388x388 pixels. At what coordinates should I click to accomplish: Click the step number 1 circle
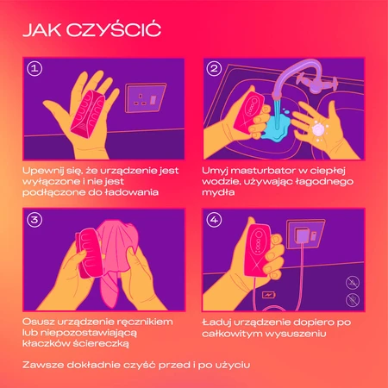pos(34,68)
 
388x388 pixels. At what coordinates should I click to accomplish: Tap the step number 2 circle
pos(214,68)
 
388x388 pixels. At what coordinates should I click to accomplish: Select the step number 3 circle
pos(34,220)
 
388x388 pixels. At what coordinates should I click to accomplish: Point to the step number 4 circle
pos(214,220)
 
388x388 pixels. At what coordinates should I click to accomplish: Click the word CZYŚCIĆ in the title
pos(114,28)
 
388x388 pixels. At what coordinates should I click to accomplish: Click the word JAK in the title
pos(42,30)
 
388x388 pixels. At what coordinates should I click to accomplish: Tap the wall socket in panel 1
pos(146,98)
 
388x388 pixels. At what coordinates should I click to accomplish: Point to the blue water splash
pos(277,126)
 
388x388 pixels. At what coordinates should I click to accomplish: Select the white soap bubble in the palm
pos(318,130)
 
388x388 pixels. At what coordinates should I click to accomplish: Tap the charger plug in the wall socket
pos(302,235)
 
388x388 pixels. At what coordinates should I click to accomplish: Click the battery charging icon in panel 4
pos(269,295)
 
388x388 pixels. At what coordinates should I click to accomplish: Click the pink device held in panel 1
pos(89,114)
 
